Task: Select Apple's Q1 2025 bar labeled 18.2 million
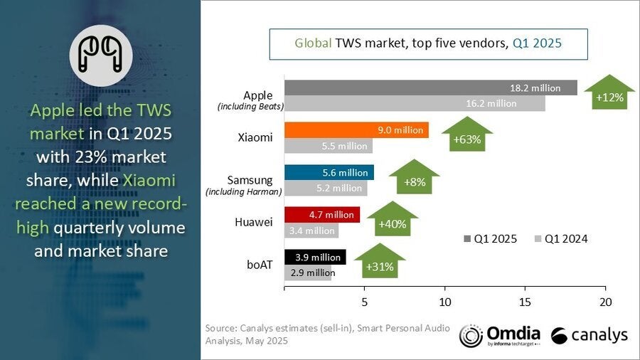pyautogui.click(x=431, y=88)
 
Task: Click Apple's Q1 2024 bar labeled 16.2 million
pyautogui.click(x=415, y=104)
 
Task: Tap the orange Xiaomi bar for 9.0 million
pyautogui.click(x=356, y=129)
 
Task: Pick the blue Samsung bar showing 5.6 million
pyautogui.click(x=329, y=172)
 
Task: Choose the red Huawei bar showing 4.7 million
pyautogui.click(x=321, y=214)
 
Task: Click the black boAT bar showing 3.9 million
pyautogui.click(x=315, y=256)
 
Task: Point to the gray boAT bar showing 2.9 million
pyautogui.click(x=307, y=272)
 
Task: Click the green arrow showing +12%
pyautogui.click(x=610, y=93)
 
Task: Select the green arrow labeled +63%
pyautogui.click(x=466, y=135)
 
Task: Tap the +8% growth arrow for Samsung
pyautogui.click(x=414, y=178)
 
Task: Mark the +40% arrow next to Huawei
pyautogui.click(x=392, y=220)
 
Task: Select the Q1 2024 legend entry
pyautogui.click(x=562, y=238)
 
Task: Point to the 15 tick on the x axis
pyautogui.click(x=526, y=301)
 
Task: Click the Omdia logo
pyautogui.click(x=499, y=335)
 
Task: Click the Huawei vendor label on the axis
pyautogui.click(x=253, y=222)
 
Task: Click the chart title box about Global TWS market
pyautogui.click(x=427, y=43)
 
